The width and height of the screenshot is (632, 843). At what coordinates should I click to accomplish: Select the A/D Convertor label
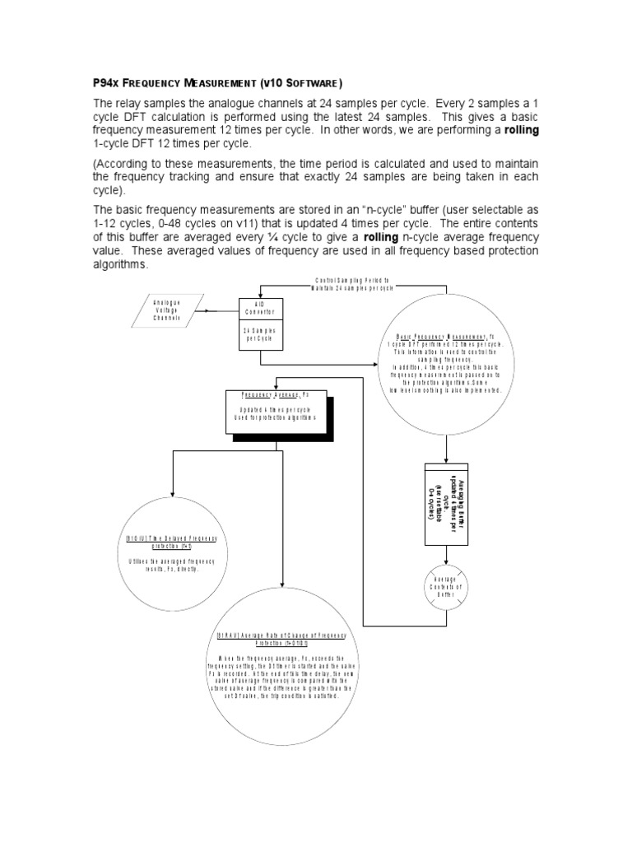tap(260, 308)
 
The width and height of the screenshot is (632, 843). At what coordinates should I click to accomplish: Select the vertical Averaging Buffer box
tap(447, 503)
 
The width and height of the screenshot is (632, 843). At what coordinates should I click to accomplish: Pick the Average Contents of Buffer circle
tap(446, 588)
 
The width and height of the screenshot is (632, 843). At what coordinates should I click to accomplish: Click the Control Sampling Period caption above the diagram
tap(352, 285)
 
